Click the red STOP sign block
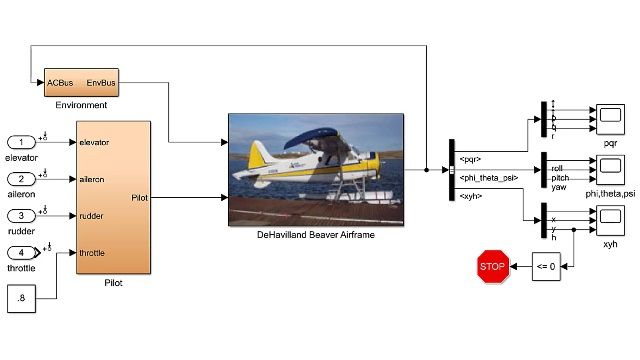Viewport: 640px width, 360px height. [491, 267]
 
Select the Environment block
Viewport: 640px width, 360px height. [81, 82]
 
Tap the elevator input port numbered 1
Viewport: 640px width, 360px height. [21, 142]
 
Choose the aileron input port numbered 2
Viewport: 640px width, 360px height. [21, 179]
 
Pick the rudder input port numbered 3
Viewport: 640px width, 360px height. [21, 215]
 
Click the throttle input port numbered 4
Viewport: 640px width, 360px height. [21, 252]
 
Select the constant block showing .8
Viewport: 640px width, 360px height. [21, 297]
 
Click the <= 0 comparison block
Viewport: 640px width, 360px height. [546, 267]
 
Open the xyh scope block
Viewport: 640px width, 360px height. [609, 218]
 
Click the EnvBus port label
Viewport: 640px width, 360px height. [101, 82]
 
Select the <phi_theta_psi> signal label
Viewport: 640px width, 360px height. [483, 178]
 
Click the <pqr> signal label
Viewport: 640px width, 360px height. [469, 159]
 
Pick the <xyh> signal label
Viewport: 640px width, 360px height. [469, 197]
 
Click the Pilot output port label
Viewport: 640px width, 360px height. [140, 198]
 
